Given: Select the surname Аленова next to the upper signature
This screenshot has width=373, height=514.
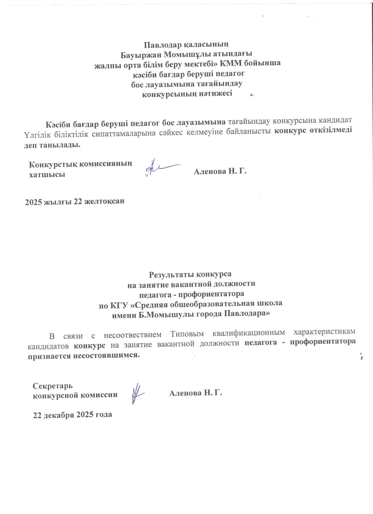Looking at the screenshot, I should [209, 171].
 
